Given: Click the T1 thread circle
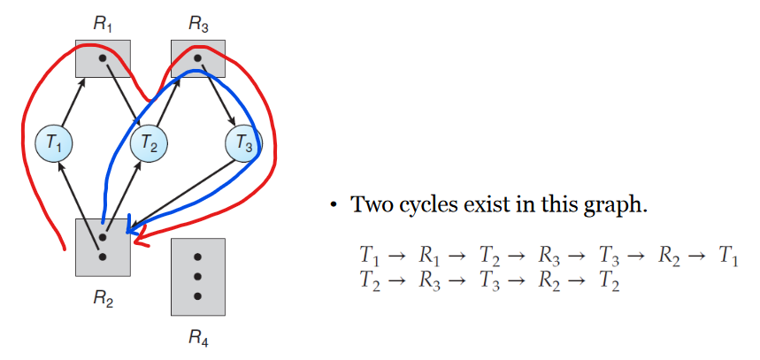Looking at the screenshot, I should [54, 142].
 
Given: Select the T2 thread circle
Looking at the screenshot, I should [150, 143].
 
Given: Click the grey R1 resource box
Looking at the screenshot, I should [103, 58].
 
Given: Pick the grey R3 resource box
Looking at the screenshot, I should [197, 58].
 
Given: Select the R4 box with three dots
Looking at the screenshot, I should [198, 277].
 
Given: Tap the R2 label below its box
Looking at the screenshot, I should [104, 298].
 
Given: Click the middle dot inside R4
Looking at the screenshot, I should [198, 277].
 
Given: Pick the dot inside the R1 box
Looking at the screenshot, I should [103, 58].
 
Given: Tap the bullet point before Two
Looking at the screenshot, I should [334, 206].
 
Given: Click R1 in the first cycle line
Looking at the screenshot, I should [430, 257].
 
